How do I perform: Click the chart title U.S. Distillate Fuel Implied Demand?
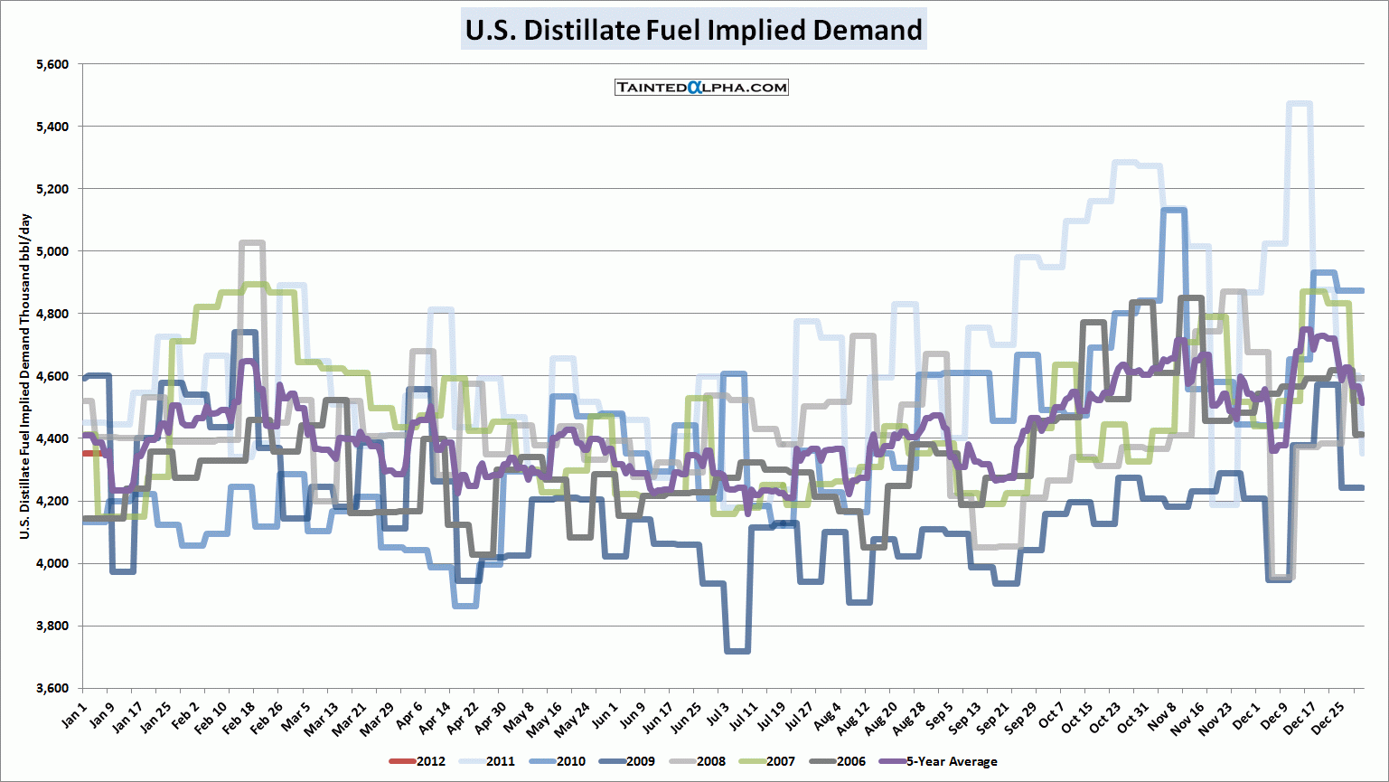coord(693,30)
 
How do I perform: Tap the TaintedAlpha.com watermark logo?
coord(701,88)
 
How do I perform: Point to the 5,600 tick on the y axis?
coord(52,64)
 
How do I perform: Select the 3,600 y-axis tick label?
coord(52,688)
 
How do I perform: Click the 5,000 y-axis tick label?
coord(52,250)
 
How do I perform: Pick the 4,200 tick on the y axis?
coord(52,501)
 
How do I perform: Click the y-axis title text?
coord(25,376)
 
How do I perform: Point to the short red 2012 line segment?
coord(95,453)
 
